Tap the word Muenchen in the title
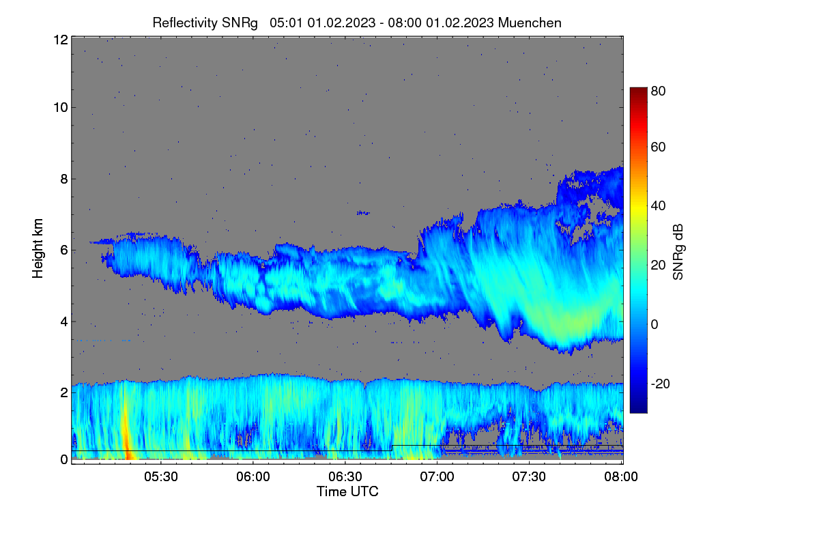pos(530,23)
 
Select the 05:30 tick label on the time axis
pos(161,476)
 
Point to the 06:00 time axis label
pos(253,476)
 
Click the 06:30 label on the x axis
pos(345,476)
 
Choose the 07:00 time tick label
pos(437,476)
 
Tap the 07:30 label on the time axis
pos(529,476)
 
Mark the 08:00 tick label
pos(621,476)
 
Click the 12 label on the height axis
pos(61,40)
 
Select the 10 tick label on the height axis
pos(61,108)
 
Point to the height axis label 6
pos(64,250)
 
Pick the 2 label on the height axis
pos(64,392)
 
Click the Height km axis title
pos(38,248)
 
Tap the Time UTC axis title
pos(347,491)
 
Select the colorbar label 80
pos(658,91)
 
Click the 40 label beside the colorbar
pos(658,206)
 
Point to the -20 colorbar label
pos(661,384)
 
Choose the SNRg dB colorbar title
pos(678,252)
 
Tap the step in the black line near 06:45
pos(392,448)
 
